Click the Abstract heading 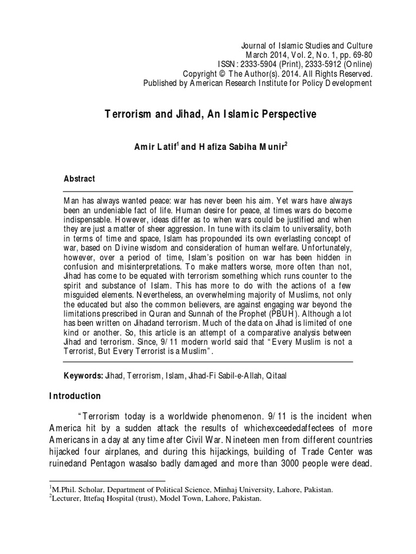tap(79, 179)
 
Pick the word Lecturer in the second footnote tap(66, 499)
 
